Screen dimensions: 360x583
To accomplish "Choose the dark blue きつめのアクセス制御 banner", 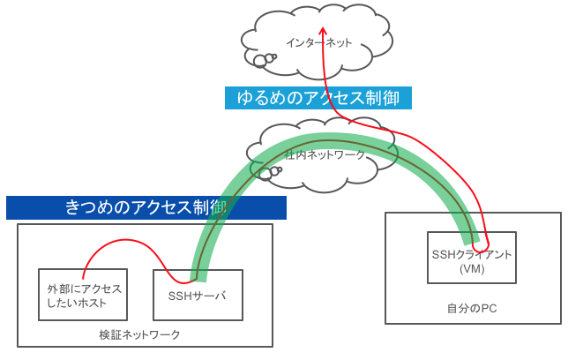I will pyautogui.click(x=146, y=207).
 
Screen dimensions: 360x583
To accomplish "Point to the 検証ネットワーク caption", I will pyautogui.click(x=139, y=335).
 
